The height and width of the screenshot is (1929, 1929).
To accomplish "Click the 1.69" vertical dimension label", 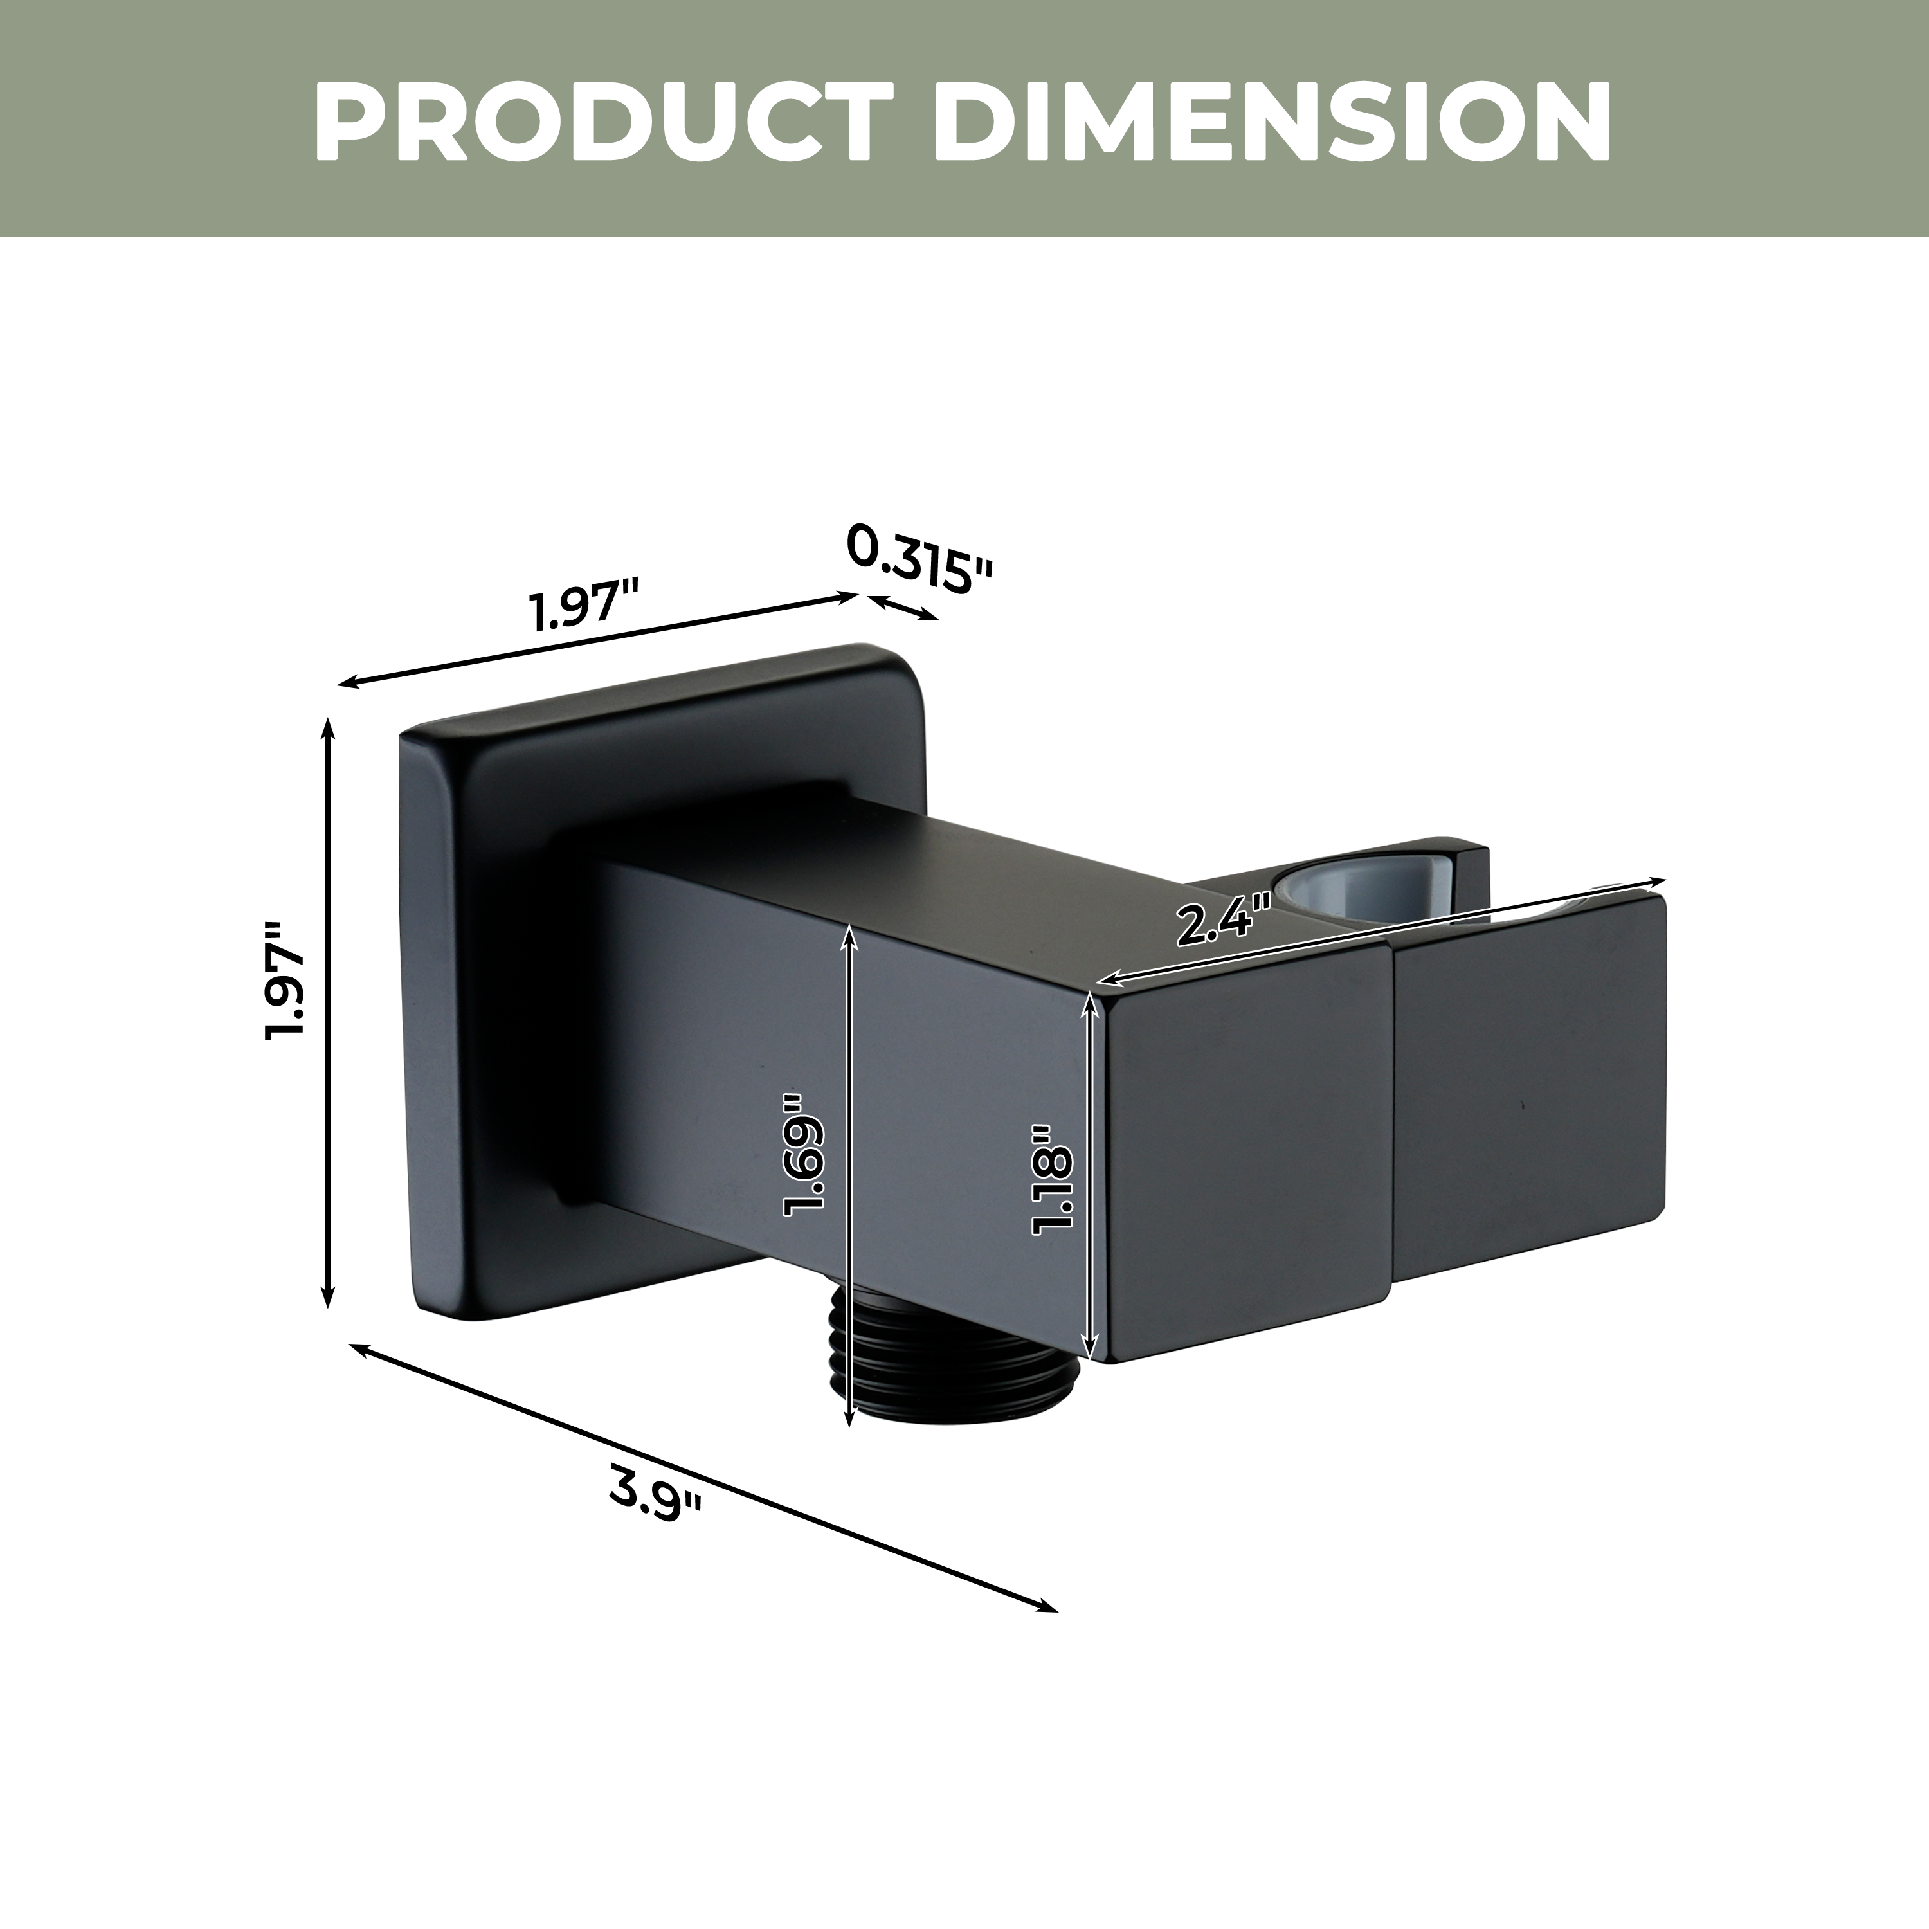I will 805,1153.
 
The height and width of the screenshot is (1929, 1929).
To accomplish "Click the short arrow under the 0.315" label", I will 903,608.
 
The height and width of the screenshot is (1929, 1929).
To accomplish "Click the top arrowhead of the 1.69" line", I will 849,930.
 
